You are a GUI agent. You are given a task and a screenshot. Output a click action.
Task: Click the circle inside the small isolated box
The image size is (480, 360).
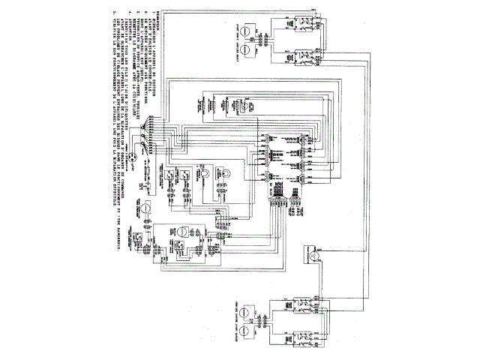coord(315,257)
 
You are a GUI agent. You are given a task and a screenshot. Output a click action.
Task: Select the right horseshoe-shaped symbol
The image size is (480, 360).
coord(223,174)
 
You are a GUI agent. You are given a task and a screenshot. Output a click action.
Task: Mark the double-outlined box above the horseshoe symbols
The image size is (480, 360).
coord(207,105)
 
